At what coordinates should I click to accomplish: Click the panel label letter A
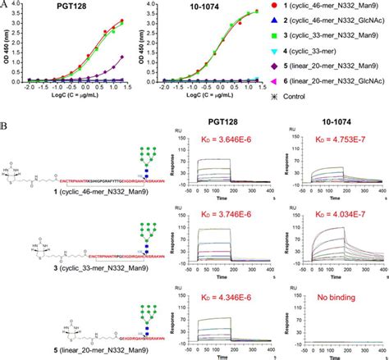pyautogui.click(x=6, y=5)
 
